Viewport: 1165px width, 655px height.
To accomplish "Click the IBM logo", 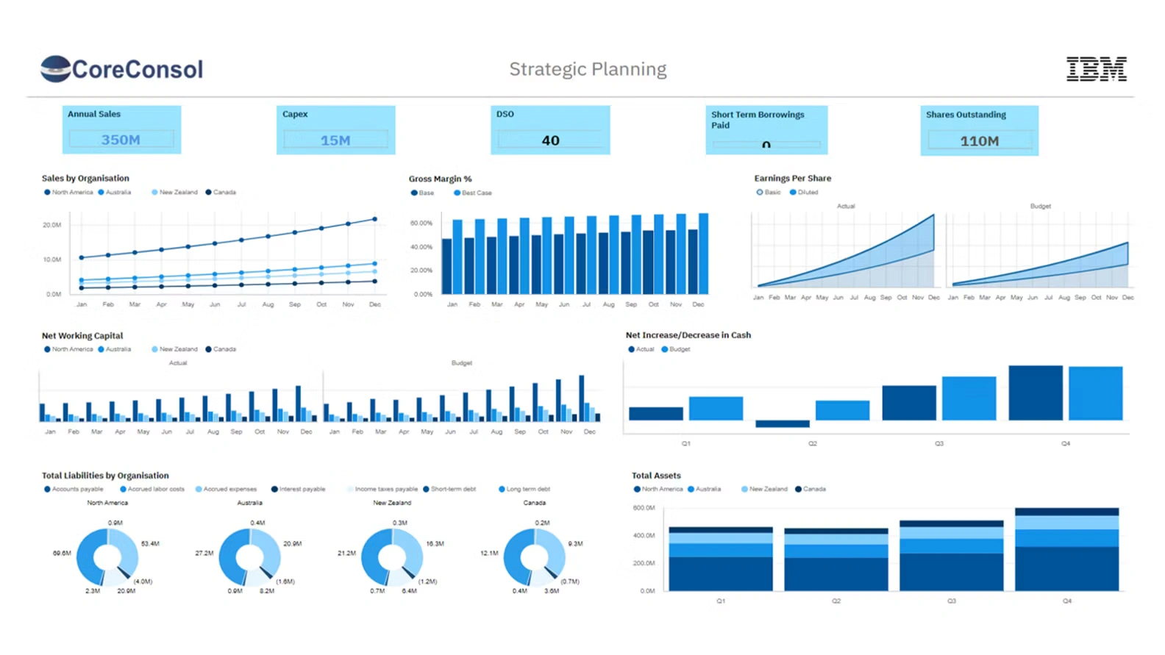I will [x=1096, y=68].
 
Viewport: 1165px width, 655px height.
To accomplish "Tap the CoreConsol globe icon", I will [x=55, y=68].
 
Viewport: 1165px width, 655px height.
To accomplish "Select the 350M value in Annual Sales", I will [x=121, y=140].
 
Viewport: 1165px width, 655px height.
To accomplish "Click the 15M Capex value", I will [x=335, y=140].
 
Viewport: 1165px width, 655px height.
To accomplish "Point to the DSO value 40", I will [x=550, y=140].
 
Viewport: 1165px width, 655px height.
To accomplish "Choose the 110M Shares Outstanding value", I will [x=979, y=141].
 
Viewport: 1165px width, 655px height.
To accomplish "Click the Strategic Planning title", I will [x=588, y=69].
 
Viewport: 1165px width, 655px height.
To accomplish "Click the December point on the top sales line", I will [x=375, y=219].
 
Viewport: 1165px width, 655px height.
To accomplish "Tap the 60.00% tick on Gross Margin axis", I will [x=421, y=223].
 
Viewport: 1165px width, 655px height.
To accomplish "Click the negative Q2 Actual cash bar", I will [x=782, y=423].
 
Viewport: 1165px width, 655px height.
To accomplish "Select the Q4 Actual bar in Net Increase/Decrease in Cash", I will [x=1035, y=393].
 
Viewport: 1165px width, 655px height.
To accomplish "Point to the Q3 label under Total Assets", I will [x=951, y=601].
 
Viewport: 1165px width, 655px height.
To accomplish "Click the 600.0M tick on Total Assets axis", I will [x=644, y=508].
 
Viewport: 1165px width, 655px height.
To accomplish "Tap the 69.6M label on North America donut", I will [x=62, y=553].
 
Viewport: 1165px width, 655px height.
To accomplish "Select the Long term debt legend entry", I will [x=527, y=490].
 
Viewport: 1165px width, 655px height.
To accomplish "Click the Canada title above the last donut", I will [x=534, y=503].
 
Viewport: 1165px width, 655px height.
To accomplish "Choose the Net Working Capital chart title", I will [x=82, y=336].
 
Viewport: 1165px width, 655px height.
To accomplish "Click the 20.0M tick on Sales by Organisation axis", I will [x=51, y=225].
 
